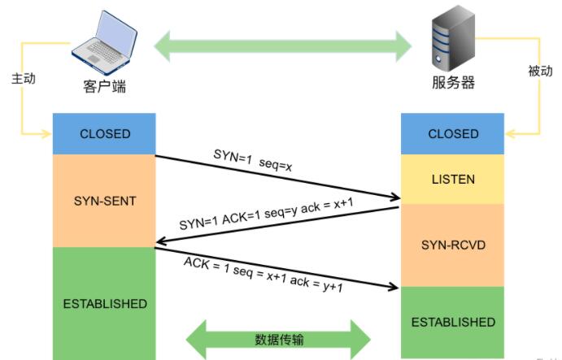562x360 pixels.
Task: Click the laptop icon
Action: click(x=105, y=42)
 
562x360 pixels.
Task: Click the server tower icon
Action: click(x=453, y=39)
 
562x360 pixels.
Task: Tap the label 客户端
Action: click(x=105, y=87)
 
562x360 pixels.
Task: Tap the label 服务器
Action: click(x=453, y=82)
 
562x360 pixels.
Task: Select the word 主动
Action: click(x=24, y=79)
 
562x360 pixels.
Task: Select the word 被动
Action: click(x=540, y=71)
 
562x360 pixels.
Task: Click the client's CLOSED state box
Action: click(x=104, y=133)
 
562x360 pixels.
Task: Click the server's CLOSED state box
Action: click(x=453, y=133)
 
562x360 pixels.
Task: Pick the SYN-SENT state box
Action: click(x=104, y=201)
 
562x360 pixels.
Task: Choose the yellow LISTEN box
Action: click(x=453, y=179)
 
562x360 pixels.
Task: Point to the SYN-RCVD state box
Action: click(x=453, y=245)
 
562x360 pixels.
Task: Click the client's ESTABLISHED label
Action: click(x=105, y=304)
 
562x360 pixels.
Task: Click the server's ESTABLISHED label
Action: click(x=453, y=322)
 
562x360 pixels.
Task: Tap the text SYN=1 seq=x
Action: click(x=253, y=160)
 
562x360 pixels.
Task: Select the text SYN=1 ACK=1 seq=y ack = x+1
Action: click(x=266, y=214)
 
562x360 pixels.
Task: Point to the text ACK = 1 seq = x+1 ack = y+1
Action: click(x=264, y=275)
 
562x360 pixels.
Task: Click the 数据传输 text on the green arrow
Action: click(x=279, y=339)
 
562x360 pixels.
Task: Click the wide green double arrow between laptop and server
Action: click(x=283, y=46)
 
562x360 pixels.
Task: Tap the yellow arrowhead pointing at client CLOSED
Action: click(x=46, y=134)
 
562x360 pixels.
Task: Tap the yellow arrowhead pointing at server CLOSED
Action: click(x=511, y=134)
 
